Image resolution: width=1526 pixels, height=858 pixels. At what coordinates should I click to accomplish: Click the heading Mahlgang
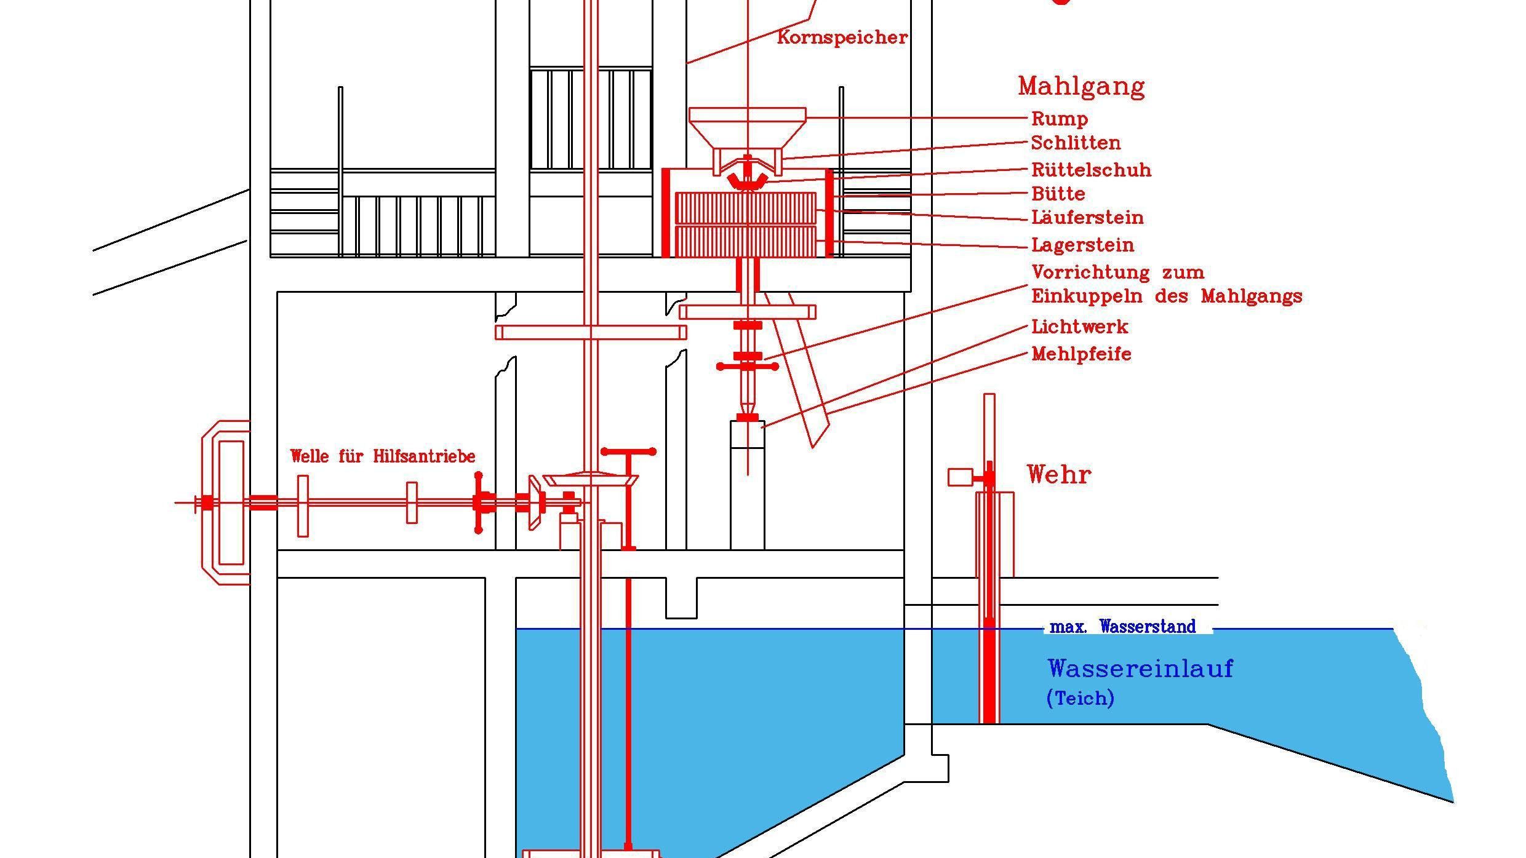(x=1081, y=87)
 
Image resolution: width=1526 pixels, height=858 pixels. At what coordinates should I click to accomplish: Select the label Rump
(x=1060, y=119)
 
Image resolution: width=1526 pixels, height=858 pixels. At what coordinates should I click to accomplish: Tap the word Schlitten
(x=1076, y=143)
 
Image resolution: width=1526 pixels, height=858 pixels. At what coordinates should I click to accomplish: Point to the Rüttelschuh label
(x=1091, y=170)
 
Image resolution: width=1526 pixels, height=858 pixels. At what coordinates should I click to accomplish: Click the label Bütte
(x=1058, y=194)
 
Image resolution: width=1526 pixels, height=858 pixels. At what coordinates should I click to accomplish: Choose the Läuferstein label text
(x=1087, y=218)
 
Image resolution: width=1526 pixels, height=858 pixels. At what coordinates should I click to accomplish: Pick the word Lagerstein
(x=1082, y=245)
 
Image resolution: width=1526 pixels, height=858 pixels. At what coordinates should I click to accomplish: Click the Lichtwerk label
(x=1080, y=327)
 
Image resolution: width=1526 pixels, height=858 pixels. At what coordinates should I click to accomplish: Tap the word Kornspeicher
(x=842, y=38)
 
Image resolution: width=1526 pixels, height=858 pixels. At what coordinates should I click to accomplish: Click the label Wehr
(x=1059, y=475)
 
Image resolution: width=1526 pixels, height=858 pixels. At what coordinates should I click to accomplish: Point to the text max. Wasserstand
(x=1122, y=627)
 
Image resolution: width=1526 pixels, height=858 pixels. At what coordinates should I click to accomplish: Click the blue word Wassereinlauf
(x=1140, y=669)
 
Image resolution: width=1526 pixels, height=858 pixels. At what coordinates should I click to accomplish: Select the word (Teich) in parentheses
(x=1080, y=698)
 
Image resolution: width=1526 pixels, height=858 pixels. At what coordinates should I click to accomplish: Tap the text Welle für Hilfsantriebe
(x=383, y=456)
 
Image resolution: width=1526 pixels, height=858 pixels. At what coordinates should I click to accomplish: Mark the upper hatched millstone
(x=746, y=208)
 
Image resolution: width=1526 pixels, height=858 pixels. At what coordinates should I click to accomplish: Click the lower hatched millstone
(x=746, y=241)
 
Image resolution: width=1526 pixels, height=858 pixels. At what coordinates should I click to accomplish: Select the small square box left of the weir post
(x=960, y=477)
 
